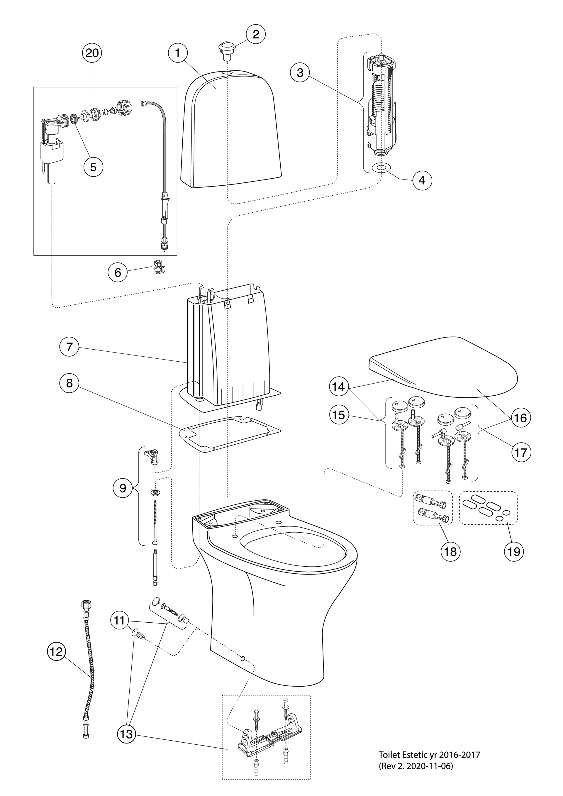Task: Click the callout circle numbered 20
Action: point(92,53)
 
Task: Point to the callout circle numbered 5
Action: point(94,167)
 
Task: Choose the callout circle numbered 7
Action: point(69,347)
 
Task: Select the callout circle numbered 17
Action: point(521,453)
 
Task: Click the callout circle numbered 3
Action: point(300,73)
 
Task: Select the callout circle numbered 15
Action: point(339,415)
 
